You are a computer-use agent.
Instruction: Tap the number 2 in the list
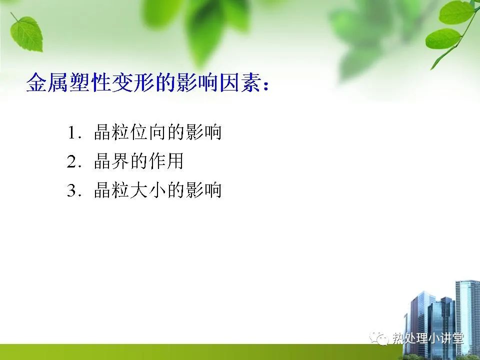pyautogui.click(x=71, y=161)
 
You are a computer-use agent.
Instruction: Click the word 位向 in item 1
pyautogui.click(x=148, y=132)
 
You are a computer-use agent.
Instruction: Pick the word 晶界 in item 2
pyautogui.click(x=111, y=161)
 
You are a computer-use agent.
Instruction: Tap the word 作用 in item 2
pyautogui.click(x=165, y=161)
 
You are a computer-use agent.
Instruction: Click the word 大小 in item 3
pyautogui.click(x=148, y=190)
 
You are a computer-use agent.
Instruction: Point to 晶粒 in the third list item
pyautogui.click(x=111, y=190)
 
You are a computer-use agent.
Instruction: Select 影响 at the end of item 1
pyautogui.click(x=203, y=132)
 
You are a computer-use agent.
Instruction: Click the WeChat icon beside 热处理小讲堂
pyautogui.click(x=378, y=338)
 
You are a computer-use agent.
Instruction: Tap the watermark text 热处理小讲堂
pyautogui.click(x=428, y=339)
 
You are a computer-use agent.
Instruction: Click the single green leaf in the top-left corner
pyautogui.click(x=27, y=33)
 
